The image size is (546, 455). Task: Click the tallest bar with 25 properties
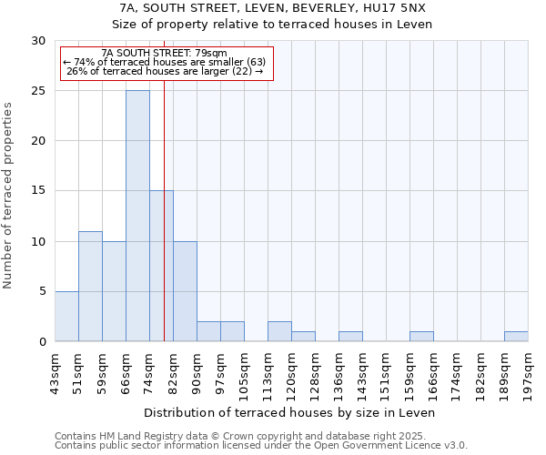point(137,216)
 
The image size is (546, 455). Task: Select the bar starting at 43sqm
point(66,316)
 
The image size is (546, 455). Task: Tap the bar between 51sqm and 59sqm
point(90,286)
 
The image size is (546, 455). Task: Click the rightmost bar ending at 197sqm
point(516,336)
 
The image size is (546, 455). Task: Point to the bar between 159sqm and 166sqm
point(421,336)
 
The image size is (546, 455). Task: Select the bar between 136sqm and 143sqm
point(350,336)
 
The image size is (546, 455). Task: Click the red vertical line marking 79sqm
point(164,227)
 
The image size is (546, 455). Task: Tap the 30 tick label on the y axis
point(38,41)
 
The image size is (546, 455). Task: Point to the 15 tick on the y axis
point(38,191)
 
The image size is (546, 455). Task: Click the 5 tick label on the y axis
point(42,291)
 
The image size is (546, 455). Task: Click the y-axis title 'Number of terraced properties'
point(8,196)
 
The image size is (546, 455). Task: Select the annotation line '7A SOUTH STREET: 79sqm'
point(165,54)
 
